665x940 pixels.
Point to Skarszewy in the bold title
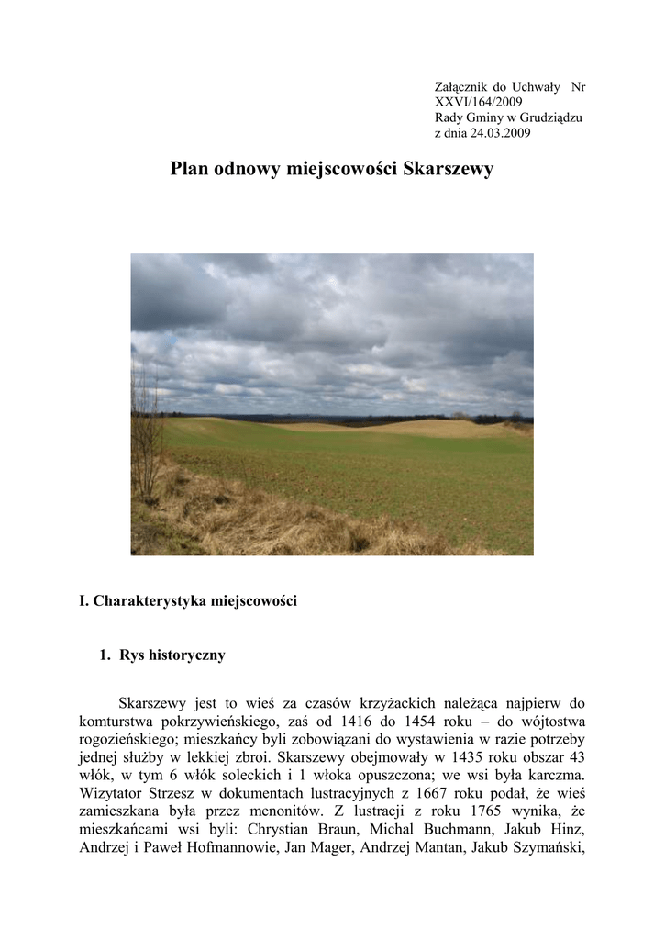click(x=449, y=169)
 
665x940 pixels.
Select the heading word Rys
click(x=133, y=655)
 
